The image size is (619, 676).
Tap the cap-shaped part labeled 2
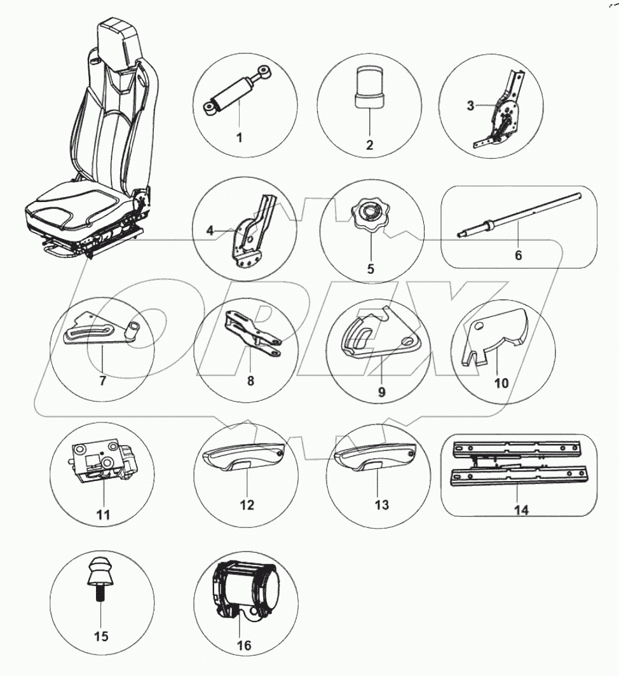coord(369,88)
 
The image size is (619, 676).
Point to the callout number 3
coord(470,105)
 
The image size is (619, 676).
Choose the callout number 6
coord(518,255)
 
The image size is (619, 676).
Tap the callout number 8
coord(250,381)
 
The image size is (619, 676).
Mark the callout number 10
coord(501,383)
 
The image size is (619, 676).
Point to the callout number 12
coord(247,504)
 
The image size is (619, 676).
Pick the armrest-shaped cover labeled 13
coord(375,457)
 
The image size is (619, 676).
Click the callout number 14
coord(521,510)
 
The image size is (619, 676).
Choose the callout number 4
coord(210,231)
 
